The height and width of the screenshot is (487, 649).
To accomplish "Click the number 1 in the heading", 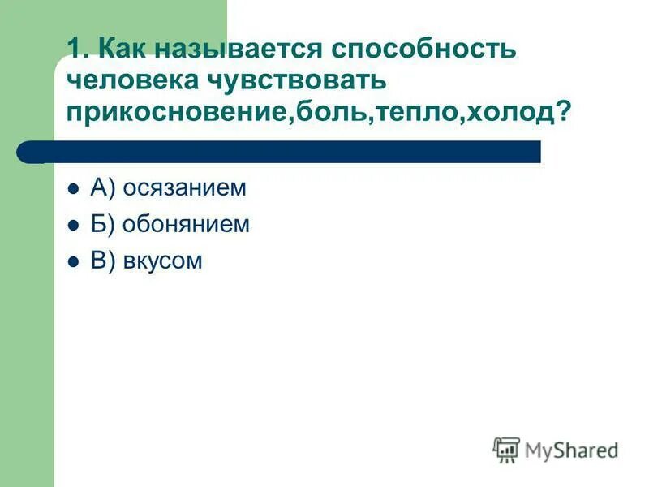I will click(76, 48).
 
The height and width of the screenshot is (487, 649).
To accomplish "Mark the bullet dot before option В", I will click(73, 262).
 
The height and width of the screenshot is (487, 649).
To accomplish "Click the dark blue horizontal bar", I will click(280, 152).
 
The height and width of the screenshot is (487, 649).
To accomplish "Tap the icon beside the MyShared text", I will click(506, 449).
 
